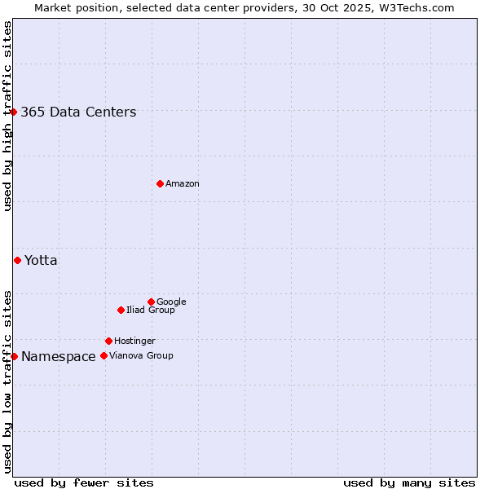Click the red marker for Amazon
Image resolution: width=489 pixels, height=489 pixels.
(x=160, y=183)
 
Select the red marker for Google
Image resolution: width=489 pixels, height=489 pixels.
(x=151, y=302)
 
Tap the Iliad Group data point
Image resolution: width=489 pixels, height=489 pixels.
(x=121, y=310)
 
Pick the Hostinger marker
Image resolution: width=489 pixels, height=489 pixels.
(x=108, y=341)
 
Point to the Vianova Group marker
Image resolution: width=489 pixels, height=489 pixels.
(x=104, y=355)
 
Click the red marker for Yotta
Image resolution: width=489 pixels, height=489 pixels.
(x=17, y=260)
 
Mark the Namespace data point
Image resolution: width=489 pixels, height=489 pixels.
(x=14, y=356)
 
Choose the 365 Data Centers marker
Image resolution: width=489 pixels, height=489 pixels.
(x=14, y=112)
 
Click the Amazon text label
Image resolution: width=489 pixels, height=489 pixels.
(x=183, y=184)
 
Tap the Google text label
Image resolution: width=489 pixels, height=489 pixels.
(x=171, y=302)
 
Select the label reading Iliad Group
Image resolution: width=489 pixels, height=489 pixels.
(x=151, y=311)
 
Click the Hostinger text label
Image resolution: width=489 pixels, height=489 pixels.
(x=134, y=341)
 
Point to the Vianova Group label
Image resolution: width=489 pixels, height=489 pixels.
(x=141, y=356)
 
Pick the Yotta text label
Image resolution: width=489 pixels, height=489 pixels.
(x=41, y=261)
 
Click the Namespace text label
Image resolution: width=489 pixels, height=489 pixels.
(x=58, y=357)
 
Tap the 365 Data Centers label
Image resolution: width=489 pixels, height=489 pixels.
(x=78, y=112)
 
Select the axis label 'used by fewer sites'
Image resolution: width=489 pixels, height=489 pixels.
(x=84, y=482)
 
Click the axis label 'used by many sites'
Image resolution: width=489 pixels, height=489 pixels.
(x=409, y=482)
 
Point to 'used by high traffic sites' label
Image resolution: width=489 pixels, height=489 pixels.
(x=8, y=116)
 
